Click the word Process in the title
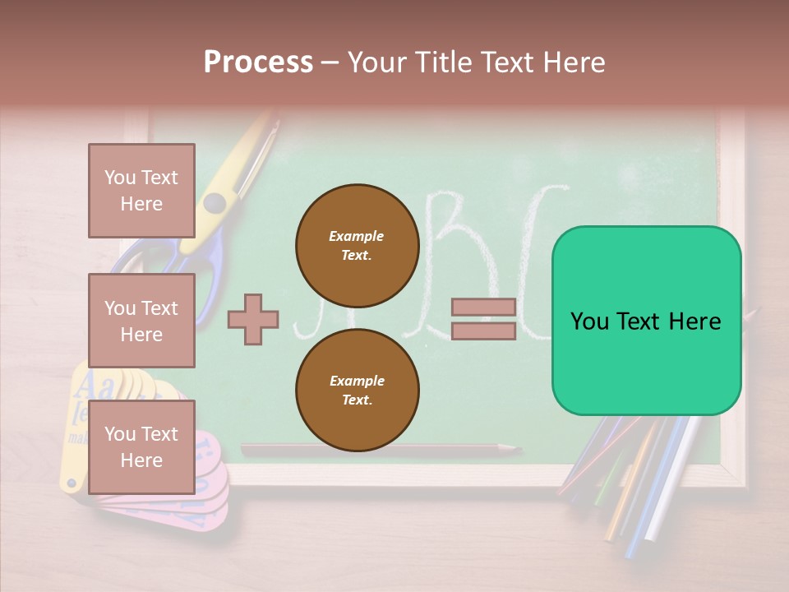click(x=258, y=62)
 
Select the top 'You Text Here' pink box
click(x=141, y=191)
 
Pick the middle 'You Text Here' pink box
click(x=141, y=321)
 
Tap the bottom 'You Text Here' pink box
click(x=141, y=446)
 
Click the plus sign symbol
click(x=253, y=319)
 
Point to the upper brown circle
click(x=357, y=245)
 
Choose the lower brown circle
click(x=357, y=391)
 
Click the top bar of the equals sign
click(x=483, y=308)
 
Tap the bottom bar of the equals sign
click(x=483, y=331)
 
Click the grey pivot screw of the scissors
click(x=215, y=202)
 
